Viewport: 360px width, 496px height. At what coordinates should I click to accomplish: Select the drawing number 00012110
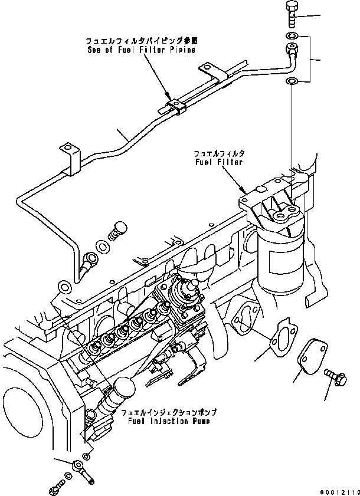[x=338, y=491]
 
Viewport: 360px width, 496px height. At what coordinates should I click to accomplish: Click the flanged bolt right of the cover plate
[x=333, y=376]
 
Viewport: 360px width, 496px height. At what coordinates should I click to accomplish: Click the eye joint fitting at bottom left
[x=78, y=468]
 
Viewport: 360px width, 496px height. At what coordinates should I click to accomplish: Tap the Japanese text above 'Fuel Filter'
[x=218, y=152]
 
